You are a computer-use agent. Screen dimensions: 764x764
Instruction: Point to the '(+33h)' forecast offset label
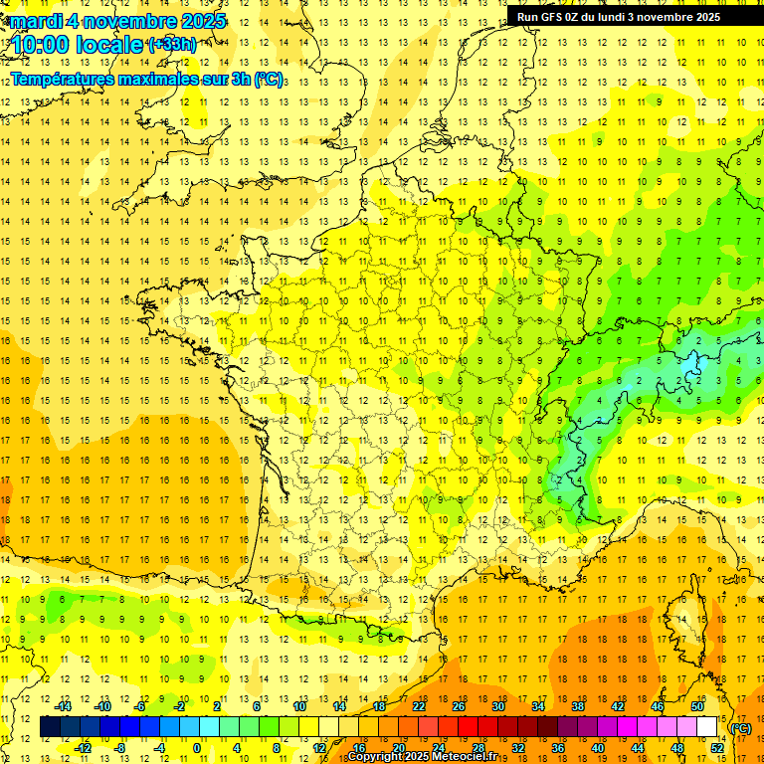pyautogui.click(x=171, y=44)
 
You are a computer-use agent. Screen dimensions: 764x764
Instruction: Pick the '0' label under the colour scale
pyautogui.click(x=197, y=748)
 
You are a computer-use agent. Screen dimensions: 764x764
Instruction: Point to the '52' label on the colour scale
pyautogui.click(x=717, y=748)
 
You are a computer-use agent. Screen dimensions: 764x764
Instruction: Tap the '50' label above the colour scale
pyautogui.click(x=697, y=706)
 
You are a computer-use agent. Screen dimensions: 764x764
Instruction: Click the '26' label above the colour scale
pyautogui.click(x=459, y=706)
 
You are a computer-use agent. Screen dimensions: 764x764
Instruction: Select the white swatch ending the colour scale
pyautogui.click(x=707, y=727)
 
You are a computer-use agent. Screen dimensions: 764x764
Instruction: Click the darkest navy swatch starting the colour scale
pyautogui.click(x=50, y=727)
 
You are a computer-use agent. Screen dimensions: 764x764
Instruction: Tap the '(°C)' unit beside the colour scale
pyautogui.click(x=741, y=728)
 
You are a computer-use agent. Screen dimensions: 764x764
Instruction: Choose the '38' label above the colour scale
pyautogui.click(x=578, y=706)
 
